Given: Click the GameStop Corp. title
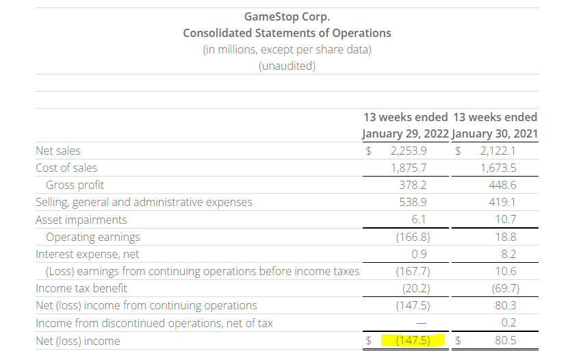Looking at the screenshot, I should pyautogui.click(x=287, y=16).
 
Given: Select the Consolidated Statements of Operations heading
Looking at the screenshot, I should pyautogui.click(x=287, y=33).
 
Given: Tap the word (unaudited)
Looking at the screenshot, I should pyautogui.click(x=287, y=66).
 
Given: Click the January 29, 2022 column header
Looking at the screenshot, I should pyautogui.click(x=405, y=133).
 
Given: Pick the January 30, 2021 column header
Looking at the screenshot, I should pyautogui.click(x=495, y=133).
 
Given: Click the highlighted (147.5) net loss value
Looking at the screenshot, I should pyautogui.click(x=413, y=340).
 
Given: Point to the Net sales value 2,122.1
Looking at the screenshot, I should pyautogui.click(x=498, y=151).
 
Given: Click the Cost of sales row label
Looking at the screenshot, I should pyautogui.click(x=66, y=168).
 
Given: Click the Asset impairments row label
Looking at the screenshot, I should pyautogui.click(x=81, y=220).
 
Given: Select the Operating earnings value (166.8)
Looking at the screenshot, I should pyautogui.click(x=413, y=237).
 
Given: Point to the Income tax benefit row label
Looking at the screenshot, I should pyautogui.click(x=81, y=288).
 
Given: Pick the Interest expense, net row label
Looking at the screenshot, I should pyautogui.click(x=87, y=254).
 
